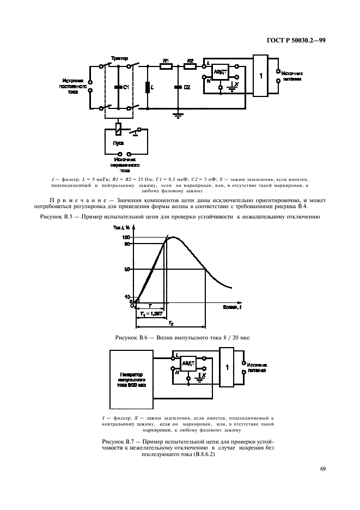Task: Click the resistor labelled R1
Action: [167, 67]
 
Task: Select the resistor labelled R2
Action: [190, 67]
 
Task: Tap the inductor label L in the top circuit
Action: [152, 87]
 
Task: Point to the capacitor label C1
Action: [126, 87]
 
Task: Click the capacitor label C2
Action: [187, 87]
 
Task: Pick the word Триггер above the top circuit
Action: [119, 57]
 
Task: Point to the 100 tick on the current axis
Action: [127, 238]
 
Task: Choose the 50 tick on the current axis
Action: [127, 269]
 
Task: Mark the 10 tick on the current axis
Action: [128, 297]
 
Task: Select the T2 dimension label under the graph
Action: [170, 324]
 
